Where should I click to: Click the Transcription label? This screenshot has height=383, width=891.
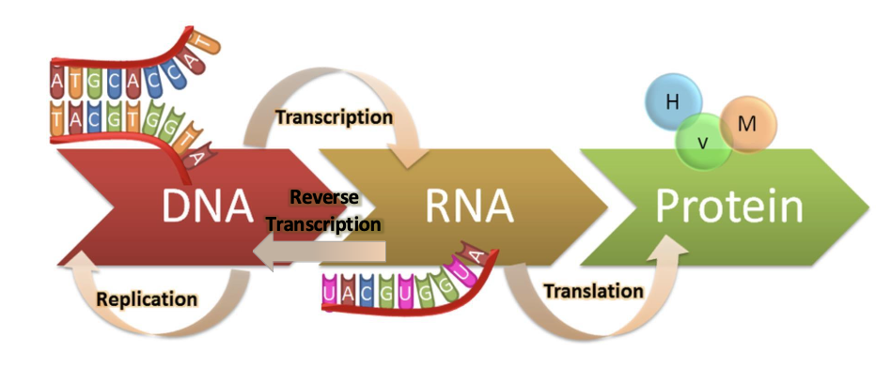(334, 117)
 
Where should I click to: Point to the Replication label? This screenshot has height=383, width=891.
(148, 299)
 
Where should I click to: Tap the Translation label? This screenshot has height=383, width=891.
(594, 291)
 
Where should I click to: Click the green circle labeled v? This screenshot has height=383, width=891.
(703, 143)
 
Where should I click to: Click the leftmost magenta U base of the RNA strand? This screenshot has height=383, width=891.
(329, 294)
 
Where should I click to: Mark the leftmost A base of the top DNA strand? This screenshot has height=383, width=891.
(59, 85)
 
